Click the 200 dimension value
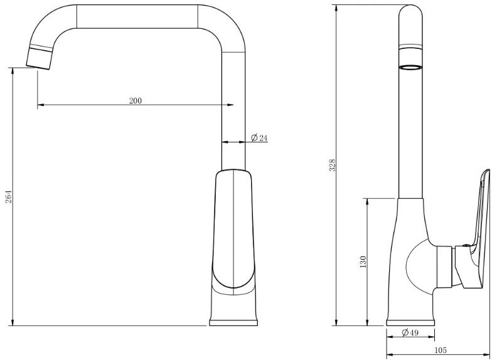point(136,101)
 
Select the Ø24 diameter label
point(259,138)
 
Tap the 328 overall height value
point(333,165)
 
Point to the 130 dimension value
point(363,262)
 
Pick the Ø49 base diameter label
point(409,332)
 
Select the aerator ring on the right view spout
point(410,66)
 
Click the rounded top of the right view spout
point(410,14)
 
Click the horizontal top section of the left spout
point(138,16)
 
